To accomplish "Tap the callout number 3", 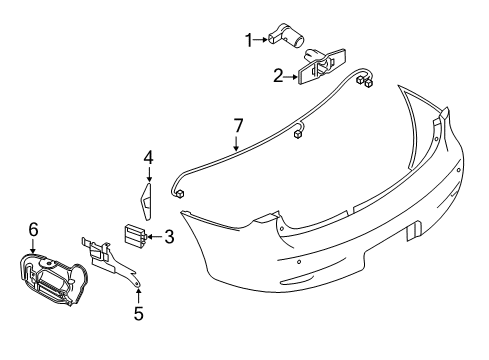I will pos(169,237).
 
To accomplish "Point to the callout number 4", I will pos(148,156).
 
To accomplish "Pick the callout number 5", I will pos(138,313).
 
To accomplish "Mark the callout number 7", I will pos(237,125).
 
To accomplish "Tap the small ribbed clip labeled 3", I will pos(134,236).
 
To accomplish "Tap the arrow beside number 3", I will pos(155,237).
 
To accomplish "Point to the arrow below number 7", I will pos(237,142).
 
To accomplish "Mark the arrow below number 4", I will pos(148,173).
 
